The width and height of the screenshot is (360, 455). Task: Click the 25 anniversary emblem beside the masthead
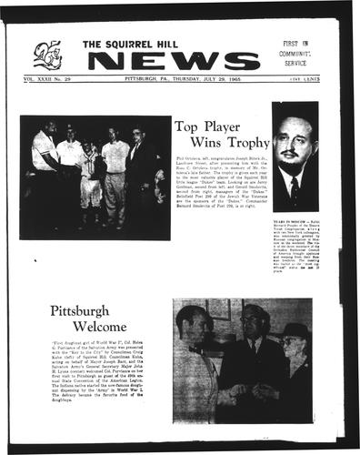click(47, 56)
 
